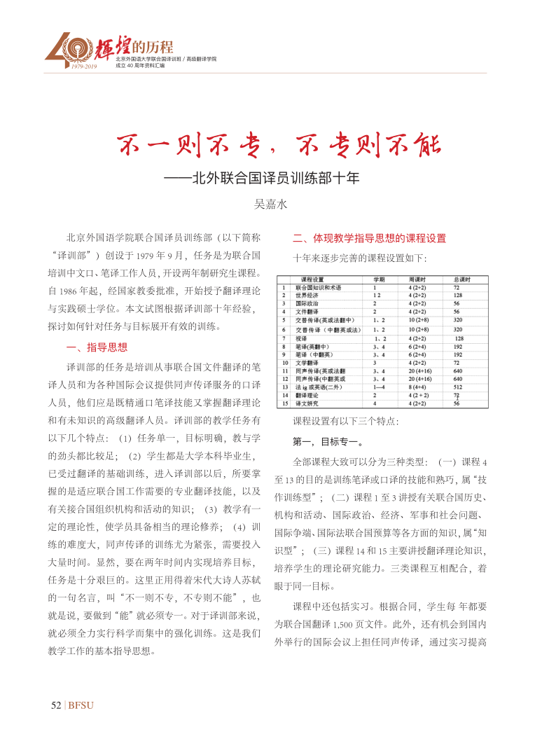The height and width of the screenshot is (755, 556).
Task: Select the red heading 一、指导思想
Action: coord(97,347)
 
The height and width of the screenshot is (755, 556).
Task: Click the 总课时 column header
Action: coord(462,279)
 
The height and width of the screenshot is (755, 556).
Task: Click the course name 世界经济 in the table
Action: coord(307,296)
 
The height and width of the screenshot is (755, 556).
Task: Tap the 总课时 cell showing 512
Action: coord(459,386)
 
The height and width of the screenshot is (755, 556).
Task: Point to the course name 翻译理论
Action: coord(307,395)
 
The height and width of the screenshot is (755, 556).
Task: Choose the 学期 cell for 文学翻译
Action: coord(375,363)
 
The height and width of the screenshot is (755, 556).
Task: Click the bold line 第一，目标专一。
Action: coord(327,443)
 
